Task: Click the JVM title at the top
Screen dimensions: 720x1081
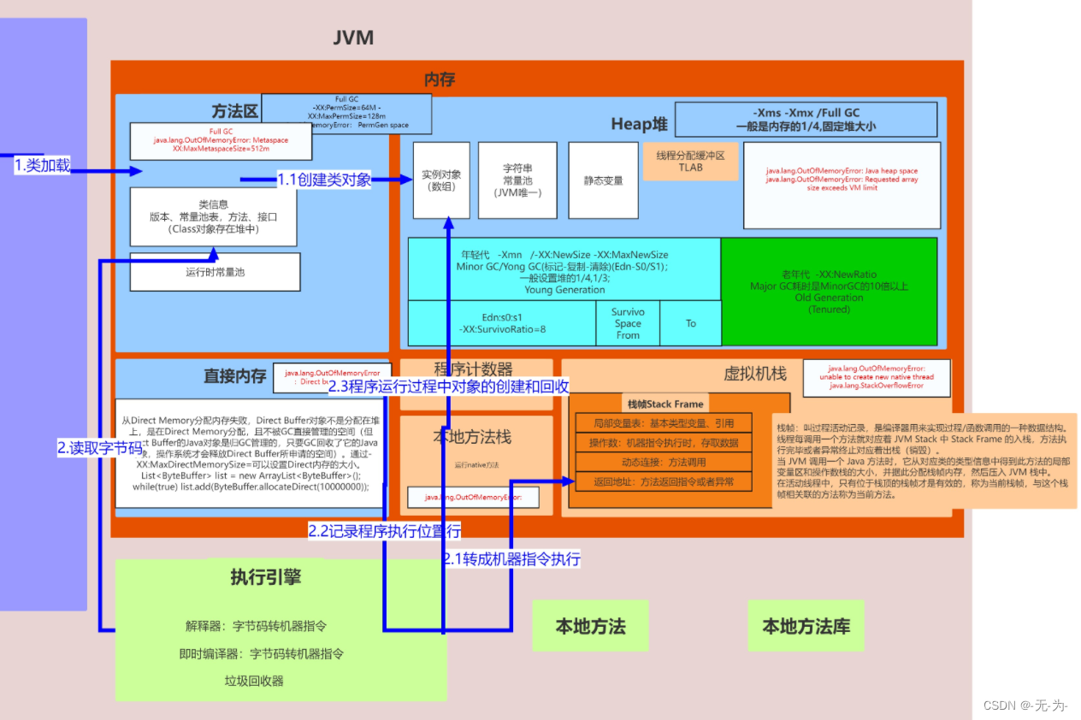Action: [x=353, y=38]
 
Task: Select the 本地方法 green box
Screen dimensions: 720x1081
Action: [x=590, y=626]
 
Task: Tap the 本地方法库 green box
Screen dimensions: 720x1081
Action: [x=806, y=626]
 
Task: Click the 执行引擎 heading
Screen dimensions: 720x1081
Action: [x=265, y=577]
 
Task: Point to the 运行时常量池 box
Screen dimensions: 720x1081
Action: [x=215, y=272]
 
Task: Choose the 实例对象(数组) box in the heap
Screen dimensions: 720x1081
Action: [x=441, y=180]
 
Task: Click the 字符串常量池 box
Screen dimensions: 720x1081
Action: [x=517, y=180]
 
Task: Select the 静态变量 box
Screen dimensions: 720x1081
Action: [x=603, y=180]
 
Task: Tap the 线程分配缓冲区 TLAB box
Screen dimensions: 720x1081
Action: [x=689, y=162]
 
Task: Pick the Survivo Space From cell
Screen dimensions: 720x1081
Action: [x=627, y=323]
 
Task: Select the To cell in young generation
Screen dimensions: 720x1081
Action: [x=690, y=323]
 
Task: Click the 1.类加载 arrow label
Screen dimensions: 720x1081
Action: [x=43, y=166]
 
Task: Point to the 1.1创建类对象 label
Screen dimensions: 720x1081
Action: [x=324, y=180]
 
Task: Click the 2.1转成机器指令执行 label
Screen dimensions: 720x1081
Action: [x=511, y=559]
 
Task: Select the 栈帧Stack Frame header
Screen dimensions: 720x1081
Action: [x=665, y=404]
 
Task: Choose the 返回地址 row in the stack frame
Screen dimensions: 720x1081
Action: [x=664, y=481]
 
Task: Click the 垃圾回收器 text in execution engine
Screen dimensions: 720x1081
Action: [x=254, y=681]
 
